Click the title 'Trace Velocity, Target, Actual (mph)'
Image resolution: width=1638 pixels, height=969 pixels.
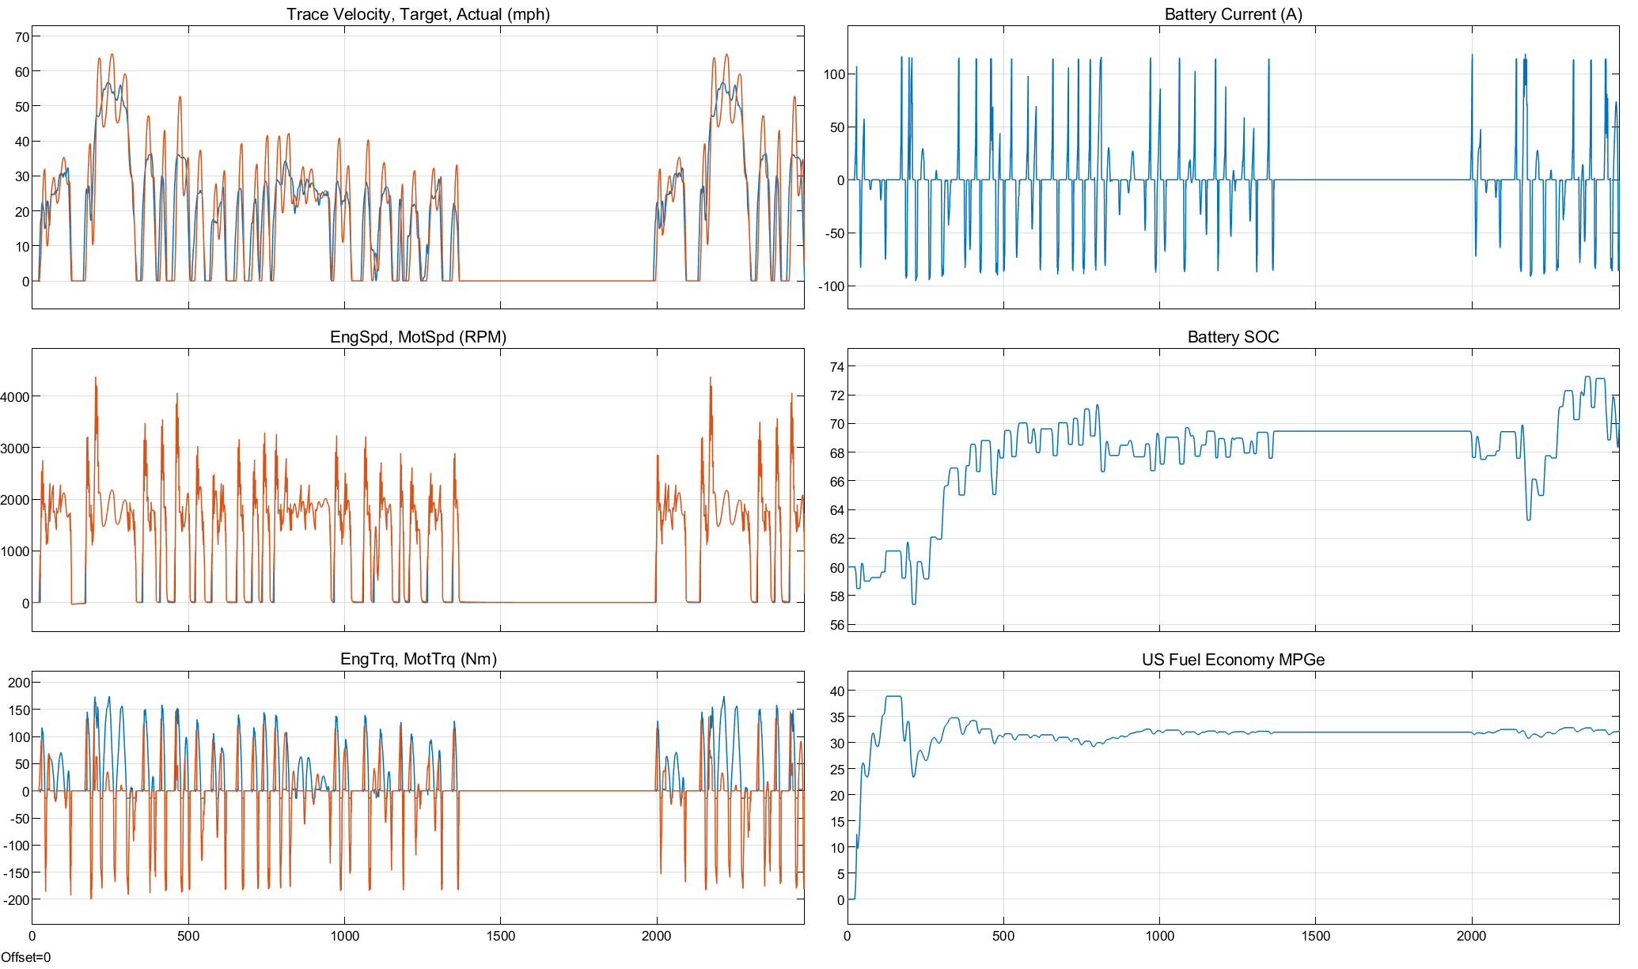point(418,14)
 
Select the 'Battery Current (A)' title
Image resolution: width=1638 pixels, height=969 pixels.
point(1233,14)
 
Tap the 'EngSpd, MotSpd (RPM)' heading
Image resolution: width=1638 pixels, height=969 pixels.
point(418,337)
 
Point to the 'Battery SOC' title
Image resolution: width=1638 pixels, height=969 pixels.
point(1233,337)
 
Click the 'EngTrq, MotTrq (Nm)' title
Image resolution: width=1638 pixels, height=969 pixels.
point(418,659)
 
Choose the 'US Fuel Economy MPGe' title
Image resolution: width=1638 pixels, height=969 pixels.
point(1233,660)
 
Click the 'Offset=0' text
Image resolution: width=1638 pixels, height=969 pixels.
point(25,957)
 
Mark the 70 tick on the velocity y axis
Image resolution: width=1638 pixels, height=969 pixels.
point(21,37)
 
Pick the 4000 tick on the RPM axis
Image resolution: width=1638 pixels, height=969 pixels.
point(15,397)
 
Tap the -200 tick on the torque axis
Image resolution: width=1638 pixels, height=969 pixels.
point(17,900)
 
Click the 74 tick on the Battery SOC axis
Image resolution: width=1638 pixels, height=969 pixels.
point(837,367)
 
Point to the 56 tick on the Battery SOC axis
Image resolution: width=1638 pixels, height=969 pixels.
point(837,625)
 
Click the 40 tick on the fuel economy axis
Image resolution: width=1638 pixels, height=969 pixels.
point(837,691)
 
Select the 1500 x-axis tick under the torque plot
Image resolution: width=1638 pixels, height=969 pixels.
point(500,937)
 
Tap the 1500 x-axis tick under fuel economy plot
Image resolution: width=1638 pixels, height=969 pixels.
point(1316,937)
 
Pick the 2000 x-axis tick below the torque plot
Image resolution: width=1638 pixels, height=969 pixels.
point(656,937)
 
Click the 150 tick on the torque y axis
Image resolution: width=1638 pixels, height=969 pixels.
point(19,710)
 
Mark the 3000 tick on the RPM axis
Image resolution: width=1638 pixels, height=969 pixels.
point(15,449)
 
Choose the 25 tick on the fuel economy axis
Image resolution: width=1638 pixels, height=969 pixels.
point(837,770)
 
